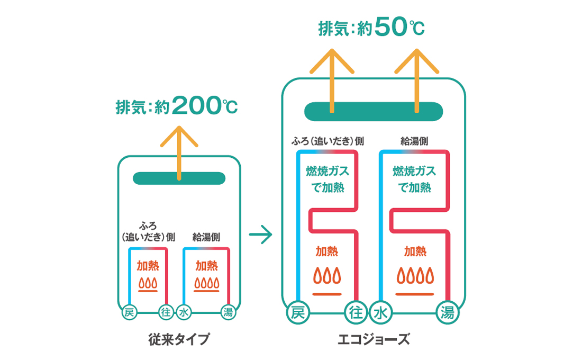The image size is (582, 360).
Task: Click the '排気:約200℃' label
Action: click(x=177, y=106)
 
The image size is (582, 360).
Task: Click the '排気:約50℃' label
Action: click(x=371, y=28)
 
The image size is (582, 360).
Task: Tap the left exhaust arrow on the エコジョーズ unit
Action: click(x=332, y=79)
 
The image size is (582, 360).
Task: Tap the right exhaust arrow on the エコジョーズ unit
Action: click(x=417, y=79)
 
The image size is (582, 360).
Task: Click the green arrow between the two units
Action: click(x=260, y=234)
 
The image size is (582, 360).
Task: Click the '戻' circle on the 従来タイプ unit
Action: click(x=129, y=312)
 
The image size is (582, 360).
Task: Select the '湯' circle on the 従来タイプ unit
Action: click(x=228, y=312)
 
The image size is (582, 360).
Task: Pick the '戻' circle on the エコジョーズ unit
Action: click(x=298, y=312)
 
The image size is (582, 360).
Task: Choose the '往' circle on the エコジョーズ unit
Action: click(x=356, y=312)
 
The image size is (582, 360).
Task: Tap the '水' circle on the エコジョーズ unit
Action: click(x=381, y=312)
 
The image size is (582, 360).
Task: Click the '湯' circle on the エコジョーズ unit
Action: click(x=448, y=312)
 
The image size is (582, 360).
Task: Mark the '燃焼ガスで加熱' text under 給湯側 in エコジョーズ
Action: click(x=414, y=179)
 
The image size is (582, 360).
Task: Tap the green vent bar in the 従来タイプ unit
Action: click(x=179, y=178)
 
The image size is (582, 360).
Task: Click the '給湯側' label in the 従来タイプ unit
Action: click(x=206, y=237)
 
